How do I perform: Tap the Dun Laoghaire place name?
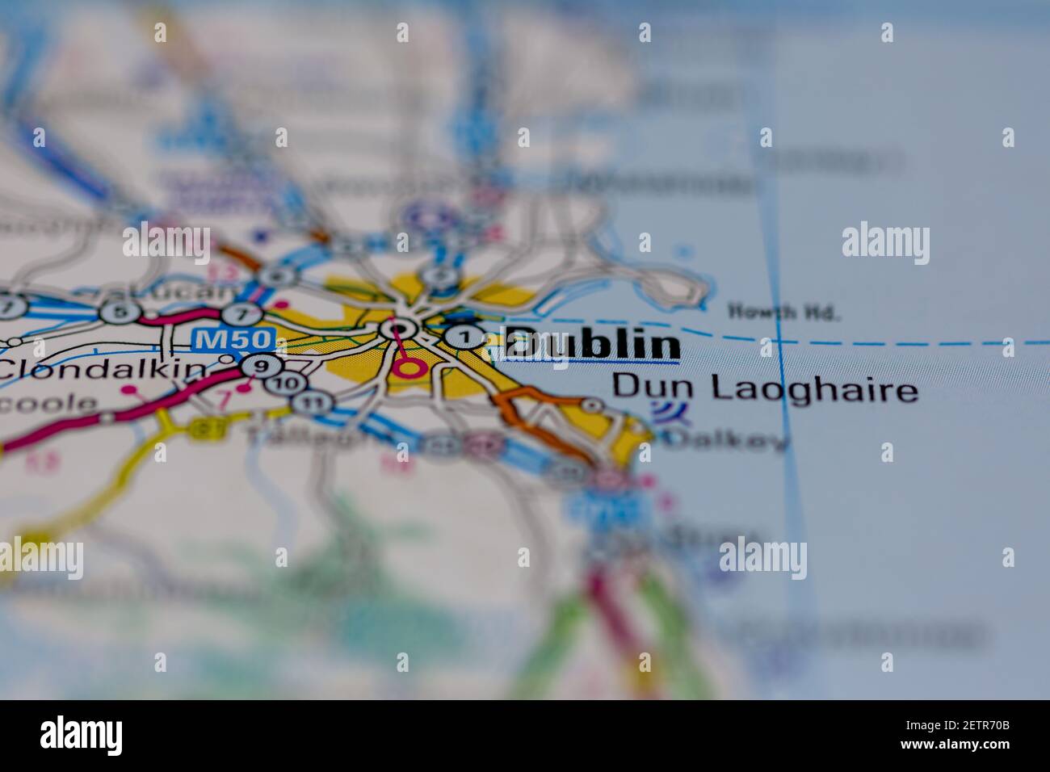[764, 388]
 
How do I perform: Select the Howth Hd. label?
[783, 311]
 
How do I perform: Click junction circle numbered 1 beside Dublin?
[464, 335]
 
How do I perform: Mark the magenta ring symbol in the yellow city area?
[410, 368]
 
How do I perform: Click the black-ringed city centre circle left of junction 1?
[397, 329]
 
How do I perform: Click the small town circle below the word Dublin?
[595, 405]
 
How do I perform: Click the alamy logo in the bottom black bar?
[82, 736]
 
